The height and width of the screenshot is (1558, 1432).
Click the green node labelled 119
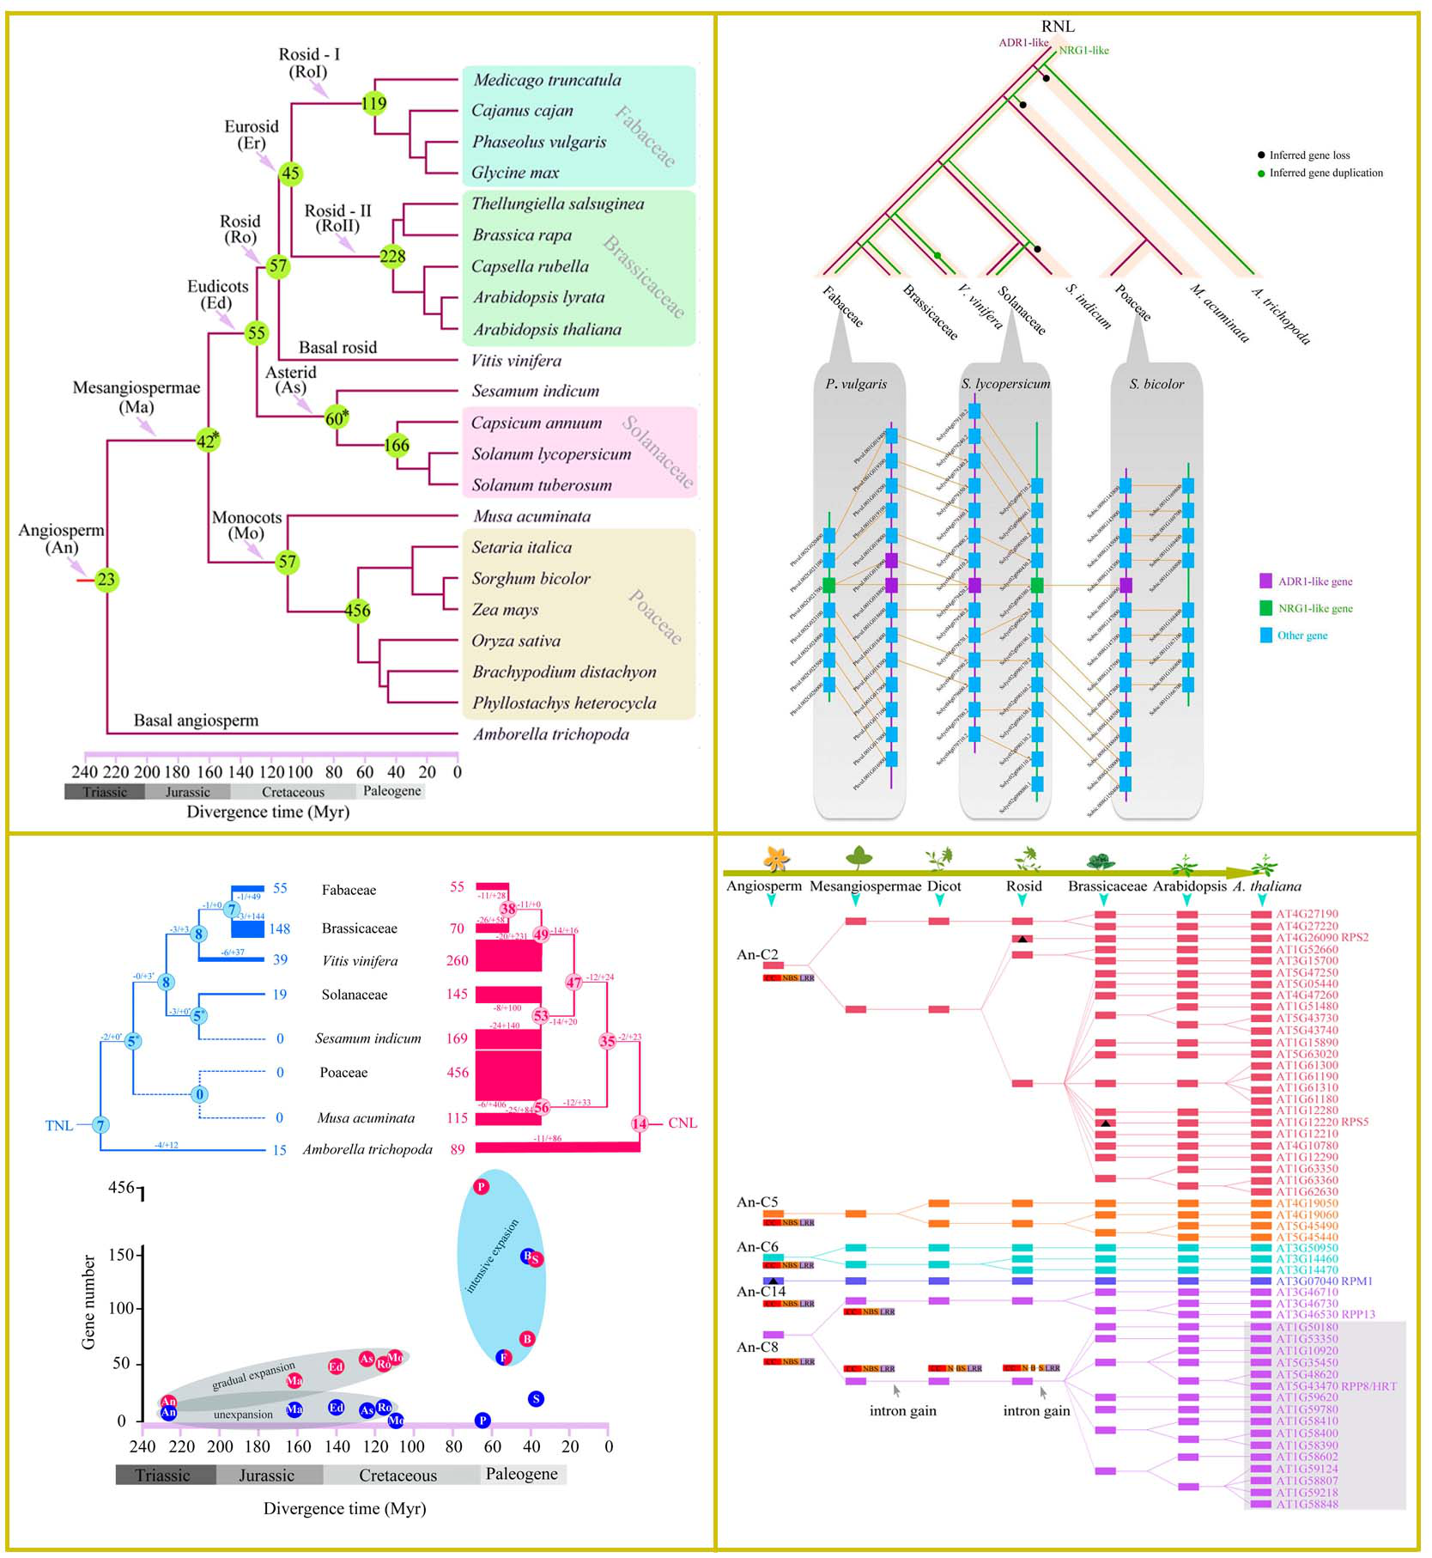[373, 104]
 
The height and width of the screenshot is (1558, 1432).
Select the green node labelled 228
[392, 256]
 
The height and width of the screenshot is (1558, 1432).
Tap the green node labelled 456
[357, 611]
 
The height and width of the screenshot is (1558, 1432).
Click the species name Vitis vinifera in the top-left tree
[516, 361]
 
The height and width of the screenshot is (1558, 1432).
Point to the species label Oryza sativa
[515, 641]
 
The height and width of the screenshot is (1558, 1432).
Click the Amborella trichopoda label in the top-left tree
[551, 734]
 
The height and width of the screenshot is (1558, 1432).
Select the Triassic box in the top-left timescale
[105, 792]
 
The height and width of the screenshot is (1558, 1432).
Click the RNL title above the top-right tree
[1058, 27]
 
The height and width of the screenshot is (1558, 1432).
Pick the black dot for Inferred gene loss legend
[1260, 155]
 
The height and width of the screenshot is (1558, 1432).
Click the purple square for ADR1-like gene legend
[1265, 581]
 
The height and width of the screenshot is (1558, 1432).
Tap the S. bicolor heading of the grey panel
[1156, 384]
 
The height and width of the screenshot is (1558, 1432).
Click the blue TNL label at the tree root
[59, 1125]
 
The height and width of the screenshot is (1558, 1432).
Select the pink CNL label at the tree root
[683, 1123]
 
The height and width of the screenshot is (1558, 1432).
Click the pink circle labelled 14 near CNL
[640, 1123]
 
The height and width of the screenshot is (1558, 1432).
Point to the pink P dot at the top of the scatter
[482, 1187]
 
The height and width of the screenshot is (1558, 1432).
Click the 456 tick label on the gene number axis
[121, 1187]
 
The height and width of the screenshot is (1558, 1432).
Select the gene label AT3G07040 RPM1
[1324, 1281]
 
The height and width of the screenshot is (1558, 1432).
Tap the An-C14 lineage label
[761, 1291]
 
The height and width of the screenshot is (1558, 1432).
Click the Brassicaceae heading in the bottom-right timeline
[1107, 886]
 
